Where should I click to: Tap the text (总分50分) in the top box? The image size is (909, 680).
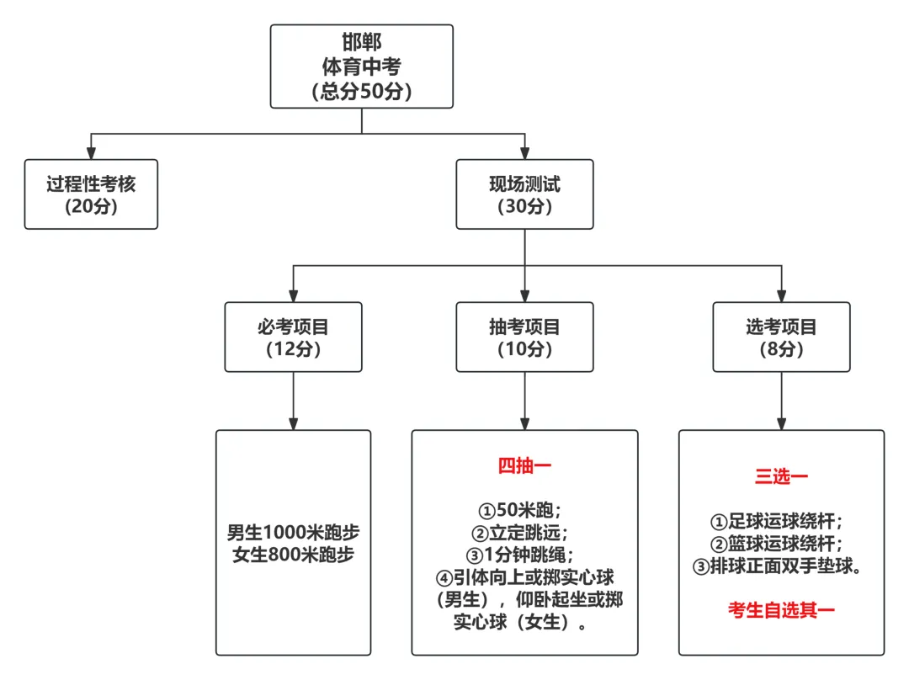pos(362,92)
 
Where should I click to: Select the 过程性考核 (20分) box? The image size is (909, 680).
pos(91,194)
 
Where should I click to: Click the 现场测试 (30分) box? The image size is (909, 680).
pos(524,194)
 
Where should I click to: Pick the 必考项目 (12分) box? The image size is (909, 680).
pos(293,337)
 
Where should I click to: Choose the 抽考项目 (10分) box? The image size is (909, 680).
pos(524,337)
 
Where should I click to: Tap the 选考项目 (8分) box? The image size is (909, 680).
pos(781,337)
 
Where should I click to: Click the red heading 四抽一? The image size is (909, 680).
pos(524,465)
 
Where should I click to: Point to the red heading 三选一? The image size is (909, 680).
pos(781,477)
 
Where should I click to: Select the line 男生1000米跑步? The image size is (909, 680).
pos(293,533)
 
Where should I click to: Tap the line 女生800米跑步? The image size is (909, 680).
pos(293,555)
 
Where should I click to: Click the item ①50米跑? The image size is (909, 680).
pos(520,511)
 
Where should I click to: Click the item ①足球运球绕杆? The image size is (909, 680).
pos(777,522)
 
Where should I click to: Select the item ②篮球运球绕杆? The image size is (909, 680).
pos(777,544)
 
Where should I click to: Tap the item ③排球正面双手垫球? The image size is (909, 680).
pos(777,566)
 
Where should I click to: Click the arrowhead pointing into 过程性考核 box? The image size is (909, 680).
pos(91,153)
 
